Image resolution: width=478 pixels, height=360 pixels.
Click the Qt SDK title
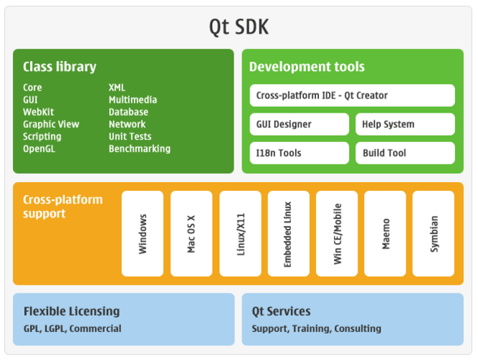pyautogui.click(x=239, y=27)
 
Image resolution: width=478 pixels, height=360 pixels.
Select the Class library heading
pyautogui.click(x=59, y=67)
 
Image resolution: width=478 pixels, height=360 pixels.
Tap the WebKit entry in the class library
pyautogui.click(x=39, y=112)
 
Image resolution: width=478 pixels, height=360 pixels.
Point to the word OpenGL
pyautogui.click(x=39, y=149)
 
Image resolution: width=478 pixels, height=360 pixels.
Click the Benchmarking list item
pyautogui.click(x=140, y=149)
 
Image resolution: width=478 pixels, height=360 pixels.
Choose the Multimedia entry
pyautogui.click(x=133, y=100)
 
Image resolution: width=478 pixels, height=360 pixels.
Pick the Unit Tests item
pyautogui.click(x=130, y=136)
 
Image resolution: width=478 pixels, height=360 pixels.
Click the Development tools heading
pyautogui.click(x=307, y=67)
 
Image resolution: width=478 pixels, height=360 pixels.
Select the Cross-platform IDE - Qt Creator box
pyautogui.click(x=353, y=95)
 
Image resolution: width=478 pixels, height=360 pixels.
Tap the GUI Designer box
pyautogui.click(x=300, y=124)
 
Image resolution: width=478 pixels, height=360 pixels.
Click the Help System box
pyautogui.click(x=405, y=124)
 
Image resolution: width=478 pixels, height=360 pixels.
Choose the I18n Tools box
pyautogui.click(x=300, y=153)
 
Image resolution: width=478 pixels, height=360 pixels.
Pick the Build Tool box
pyautogui.click(x=405, y=153)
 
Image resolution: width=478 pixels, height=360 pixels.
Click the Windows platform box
pyautogui.click(x=143, y=234)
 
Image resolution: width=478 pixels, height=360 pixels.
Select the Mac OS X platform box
pyautogui.click(x=191, y=234)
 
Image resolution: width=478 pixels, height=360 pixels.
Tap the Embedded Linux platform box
pyautogui.click(x=288, y=234)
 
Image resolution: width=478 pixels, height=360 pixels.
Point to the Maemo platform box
pyautogui.click(x=385, y=234)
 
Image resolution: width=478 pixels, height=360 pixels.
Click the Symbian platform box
pyautogui.click(x=434, y=234)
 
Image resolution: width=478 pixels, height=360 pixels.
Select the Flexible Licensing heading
pyautogui.click(x=72, y=311)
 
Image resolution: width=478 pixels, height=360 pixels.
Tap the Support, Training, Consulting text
pyautogui.click(x=317, y=328)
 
